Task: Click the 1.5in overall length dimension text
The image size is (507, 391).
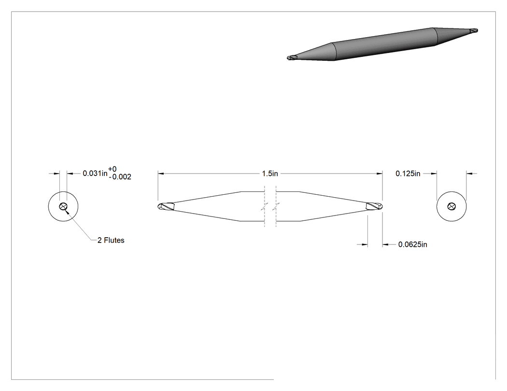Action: click(x=269, y=174)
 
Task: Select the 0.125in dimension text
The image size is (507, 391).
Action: click(x=408, y=174)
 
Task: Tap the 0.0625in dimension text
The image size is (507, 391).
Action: click(x=412, y=244)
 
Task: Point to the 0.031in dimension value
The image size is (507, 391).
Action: click(x=95, y=174)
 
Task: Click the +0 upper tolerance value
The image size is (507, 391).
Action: click(x=112, y=169)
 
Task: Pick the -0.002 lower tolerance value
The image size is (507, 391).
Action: click(x=120, y=177)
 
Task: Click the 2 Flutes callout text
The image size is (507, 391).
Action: click(x=111, y=240)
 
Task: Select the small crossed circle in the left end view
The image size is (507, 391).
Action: click(x=63, y=206)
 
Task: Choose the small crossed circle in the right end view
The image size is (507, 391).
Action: click(x=451, y=206)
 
